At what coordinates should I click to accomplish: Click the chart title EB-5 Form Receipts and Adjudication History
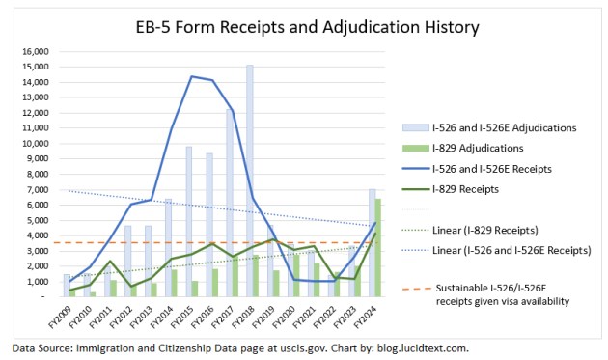[304, 26]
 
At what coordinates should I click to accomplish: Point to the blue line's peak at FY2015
[191, 76]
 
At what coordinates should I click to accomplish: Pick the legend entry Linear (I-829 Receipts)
[486, 231]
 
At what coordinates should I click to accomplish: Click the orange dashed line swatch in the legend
[411, 287]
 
